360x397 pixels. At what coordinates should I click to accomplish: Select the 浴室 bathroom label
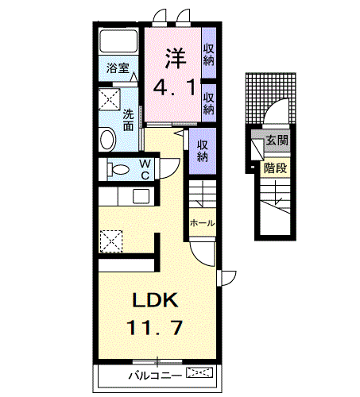click(118, 69)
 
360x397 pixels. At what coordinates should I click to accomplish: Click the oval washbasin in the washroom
click(108, 139)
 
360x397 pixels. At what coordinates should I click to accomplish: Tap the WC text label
click(145, 169)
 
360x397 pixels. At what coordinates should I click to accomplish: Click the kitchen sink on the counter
click(141, 197)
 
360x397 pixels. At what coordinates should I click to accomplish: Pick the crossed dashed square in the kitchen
click(110, 238)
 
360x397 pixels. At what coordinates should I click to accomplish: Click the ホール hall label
click(202, 224)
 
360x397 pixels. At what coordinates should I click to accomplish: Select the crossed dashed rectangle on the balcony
click(199, 372)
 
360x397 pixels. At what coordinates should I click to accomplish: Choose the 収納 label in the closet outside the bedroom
click(203, 151)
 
